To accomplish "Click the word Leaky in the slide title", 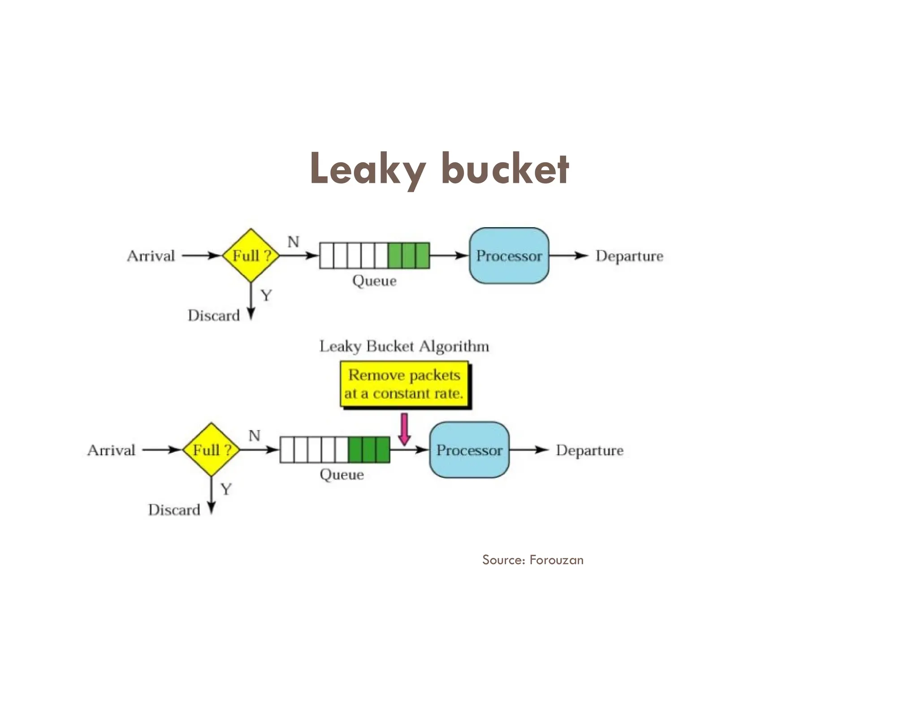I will point(367,169).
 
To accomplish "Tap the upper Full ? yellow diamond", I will point(251,255).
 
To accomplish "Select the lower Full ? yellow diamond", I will point(211,450).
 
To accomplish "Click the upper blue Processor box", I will point(509,255).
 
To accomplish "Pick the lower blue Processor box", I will point(469,450).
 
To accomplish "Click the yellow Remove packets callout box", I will point(404,385).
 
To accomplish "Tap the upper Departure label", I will point(629,256).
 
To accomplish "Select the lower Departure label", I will point(589,450).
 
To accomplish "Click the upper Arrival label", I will point(151,256).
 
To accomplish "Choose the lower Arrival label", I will point(111,450).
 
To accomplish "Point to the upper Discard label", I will point(214,316).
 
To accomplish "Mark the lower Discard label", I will point(174,510).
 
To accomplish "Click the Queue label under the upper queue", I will point(374,281).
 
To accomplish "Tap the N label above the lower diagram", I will point(254,435).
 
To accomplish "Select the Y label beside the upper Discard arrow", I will point(266,295).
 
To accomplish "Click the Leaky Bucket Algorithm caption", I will point(404,346).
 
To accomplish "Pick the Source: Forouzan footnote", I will point(533,560).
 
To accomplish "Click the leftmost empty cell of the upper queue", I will point(326,255).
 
